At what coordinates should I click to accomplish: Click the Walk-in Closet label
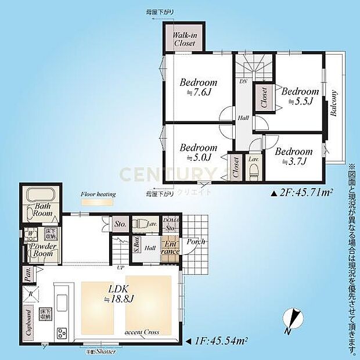(x=185, y=39)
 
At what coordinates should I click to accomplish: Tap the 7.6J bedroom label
(x=198, y=87)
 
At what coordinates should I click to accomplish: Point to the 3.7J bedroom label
(x=293, y=157)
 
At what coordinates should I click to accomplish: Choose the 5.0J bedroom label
(x=198, y=152)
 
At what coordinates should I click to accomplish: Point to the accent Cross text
(x=142, y=333)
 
